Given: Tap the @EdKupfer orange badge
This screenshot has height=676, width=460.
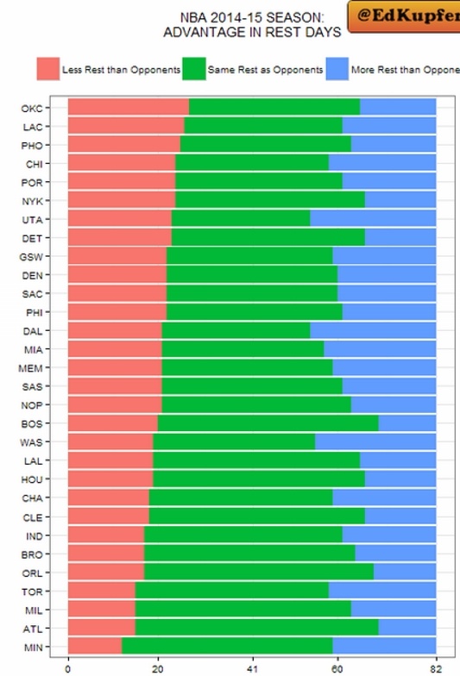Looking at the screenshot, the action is (404, 16).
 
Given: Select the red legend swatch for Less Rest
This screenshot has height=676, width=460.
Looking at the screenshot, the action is (48, 69).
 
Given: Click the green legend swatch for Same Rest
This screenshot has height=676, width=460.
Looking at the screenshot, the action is (193, 69).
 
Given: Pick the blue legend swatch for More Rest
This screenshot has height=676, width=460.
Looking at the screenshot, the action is (337, 69).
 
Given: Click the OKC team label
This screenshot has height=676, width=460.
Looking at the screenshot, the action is (32, 109).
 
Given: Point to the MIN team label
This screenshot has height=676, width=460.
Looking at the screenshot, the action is (33, 648).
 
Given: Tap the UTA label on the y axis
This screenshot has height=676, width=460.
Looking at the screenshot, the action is (33, 220).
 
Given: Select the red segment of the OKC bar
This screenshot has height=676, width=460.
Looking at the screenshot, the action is (129, 107).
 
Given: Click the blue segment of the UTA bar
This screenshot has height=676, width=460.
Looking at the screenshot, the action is (373, 219).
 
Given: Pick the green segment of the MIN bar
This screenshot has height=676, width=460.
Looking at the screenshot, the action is (227, 645).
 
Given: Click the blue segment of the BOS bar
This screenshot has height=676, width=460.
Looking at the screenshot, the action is (407, 422).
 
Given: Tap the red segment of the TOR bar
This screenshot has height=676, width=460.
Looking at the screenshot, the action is (102, 590).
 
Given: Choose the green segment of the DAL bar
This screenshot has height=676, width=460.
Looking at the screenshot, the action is (236, 330).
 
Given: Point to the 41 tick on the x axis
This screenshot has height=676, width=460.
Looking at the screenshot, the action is (252, 669).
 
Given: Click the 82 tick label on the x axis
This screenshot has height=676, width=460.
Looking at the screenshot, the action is (436, 669).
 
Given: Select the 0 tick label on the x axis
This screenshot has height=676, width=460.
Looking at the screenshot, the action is (67, 669).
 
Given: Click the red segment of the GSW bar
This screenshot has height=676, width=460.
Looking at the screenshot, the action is (117, 255).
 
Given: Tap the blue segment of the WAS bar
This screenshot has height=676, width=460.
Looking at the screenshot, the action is (375, 441).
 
